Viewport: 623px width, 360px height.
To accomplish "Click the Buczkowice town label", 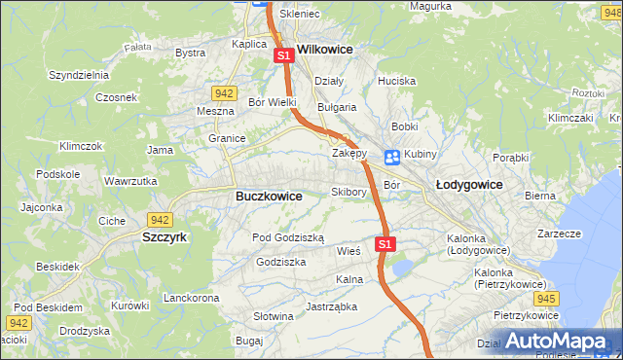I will (x=269, y=196).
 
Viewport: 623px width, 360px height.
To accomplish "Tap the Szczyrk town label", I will (x=164, y=236).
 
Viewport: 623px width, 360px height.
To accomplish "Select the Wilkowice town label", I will (x=324, y=48).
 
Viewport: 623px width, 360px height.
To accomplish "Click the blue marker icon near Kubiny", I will (x=391, y=157).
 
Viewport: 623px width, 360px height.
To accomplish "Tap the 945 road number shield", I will (x=546, y=298).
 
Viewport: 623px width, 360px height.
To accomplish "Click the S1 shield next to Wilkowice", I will (x=283, y=56).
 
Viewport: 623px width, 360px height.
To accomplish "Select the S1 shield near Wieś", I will (x=385, y=243).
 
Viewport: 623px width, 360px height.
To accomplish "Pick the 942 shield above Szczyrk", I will (x=160, y=220).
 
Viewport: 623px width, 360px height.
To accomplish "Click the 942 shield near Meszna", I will (x=224, y=93).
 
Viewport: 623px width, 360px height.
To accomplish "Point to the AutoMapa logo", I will (x=561, y=342).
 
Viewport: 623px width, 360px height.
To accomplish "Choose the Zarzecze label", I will (x=559, y=234).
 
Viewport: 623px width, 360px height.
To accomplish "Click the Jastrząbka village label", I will (x=331, y=306).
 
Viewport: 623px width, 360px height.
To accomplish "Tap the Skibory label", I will (x=348, y=192).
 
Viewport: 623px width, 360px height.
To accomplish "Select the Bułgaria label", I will (x=337, y=107).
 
